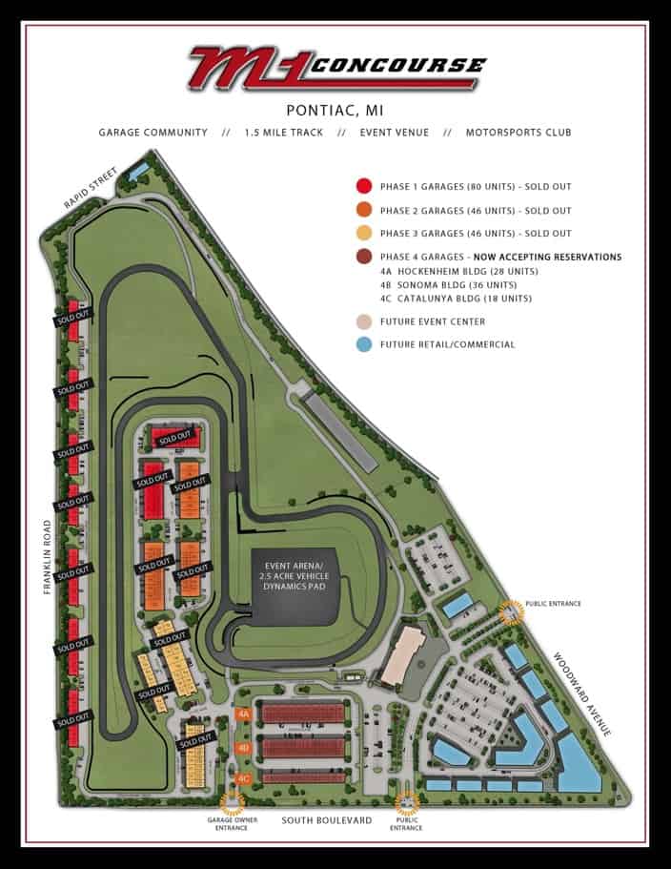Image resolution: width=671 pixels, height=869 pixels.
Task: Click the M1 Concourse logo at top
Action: click(335, 68)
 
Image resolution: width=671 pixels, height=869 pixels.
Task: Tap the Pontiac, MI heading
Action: click(335, 110)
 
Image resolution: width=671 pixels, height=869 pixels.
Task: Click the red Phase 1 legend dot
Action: click(363, 187)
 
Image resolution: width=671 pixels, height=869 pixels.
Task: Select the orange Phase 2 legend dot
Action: click(363, 210)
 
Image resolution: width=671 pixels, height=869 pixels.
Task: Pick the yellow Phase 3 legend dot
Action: click(363, 234)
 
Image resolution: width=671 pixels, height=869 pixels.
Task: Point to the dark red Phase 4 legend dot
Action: click(363, 257)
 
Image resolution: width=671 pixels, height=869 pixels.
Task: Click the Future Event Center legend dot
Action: click(363, 321)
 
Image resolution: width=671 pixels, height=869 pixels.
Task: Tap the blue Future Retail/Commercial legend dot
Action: click(363, 344)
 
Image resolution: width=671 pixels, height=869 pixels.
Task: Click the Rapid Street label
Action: click(91, 190)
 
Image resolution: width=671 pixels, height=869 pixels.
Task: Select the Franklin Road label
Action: click(47, 558)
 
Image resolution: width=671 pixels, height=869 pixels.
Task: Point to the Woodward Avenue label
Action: click(582, 693)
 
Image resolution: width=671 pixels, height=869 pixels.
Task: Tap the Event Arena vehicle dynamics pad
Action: click(295, 581)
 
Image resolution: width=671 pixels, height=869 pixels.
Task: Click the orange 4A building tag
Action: click(244, 714)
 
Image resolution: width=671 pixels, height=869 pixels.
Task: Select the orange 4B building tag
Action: click(244, 748)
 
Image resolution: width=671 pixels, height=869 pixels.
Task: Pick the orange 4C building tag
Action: click(244, 779)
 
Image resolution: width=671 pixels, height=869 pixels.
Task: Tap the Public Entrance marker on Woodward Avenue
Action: click(513, 610)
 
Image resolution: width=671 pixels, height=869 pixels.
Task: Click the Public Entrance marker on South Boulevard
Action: click(407, 803)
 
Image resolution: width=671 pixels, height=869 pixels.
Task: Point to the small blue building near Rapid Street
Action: click(138, 171)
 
